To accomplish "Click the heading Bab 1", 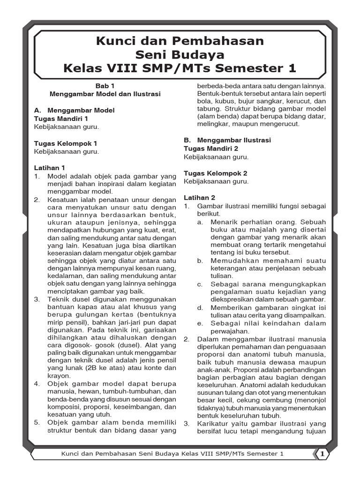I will [x=105, y=86].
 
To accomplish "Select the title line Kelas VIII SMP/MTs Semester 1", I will [x=180, y=68].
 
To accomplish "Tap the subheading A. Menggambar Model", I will [x=74, y=110].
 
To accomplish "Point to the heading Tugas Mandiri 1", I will [x=61, y=119].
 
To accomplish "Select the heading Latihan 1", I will [x=50, y=168].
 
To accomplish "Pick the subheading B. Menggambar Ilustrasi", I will [x=227, y=140].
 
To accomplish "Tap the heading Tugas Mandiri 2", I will [x=211, y=149].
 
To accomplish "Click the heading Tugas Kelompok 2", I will [x=215, y=173].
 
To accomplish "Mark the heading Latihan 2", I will [x=199, y=197].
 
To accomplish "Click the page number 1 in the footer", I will [x=322, y=454].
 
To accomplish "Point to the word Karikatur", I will [x=212, y=424].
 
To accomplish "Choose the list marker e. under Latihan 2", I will [x=200, y=323].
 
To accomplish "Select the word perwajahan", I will [x=229, y=331].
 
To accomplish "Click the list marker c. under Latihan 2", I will [x=200, y=284].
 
